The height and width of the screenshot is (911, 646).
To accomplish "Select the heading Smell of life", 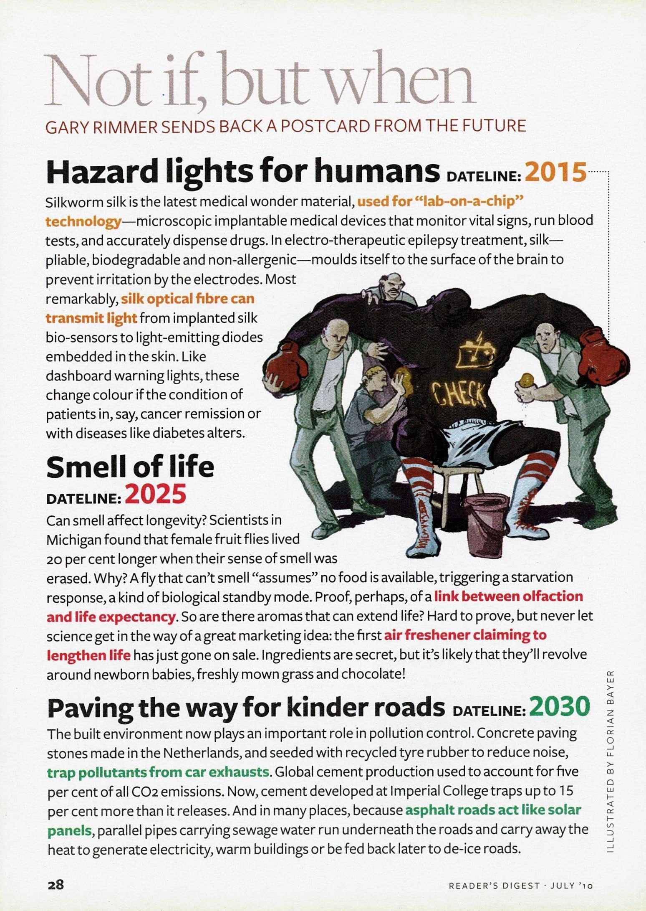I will [x=130, y=467].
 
